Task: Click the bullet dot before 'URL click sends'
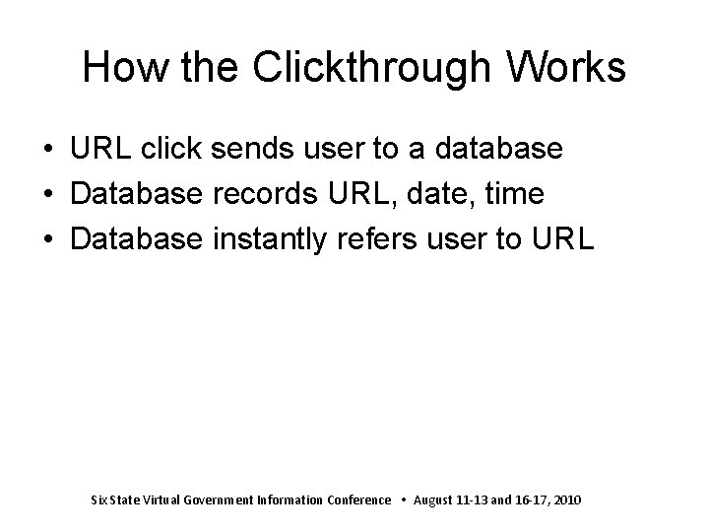click(48, 150)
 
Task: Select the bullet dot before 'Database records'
click(48, 195)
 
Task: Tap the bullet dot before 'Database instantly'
click(48, 240)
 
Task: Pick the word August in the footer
click(435, 500)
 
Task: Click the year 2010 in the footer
click(567, 500)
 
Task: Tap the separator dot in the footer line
click(403, 500)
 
